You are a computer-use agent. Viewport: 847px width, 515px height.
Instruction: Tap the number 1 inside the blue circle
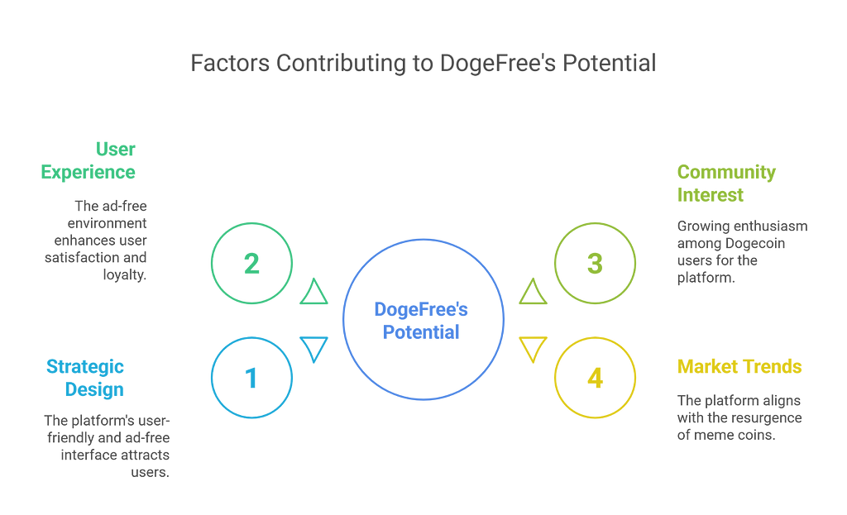[251, 378]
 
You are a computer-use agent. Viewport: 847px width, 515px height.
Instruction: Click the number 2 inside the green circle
[251, 265]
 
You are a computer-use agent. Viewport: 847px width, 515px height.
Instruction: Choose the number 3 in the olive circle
[594, 265]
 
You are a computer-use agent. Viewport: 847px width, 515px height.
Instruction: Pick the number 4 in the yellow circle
[594, 378]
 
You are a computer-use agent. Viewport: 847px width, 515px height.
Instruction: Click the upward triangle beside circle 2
[313, 292]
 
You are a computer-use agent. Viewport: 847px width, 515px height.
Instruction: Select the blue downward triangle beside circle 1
[313, 349]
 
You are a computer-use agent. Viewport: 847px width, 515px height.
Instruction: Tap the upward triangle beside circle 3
[532, 292]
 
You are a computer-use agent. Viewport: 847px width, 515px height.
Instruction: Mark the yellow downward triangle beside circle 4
[532, 349]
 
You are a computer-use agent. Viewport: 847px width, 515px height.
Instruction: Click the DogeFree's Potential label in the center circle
[422, 321]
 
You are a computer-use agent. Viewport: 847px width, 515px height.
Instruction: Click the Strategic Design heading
[85, 377]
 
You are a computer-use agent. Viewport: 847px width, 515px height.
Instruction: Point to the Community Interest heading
[726, 183]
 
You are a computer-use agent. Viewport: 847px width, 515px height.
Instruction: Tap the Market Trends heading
[739, 365]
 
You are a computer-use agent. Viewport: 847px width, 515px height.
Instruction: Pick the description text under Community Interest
[740, 252]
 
